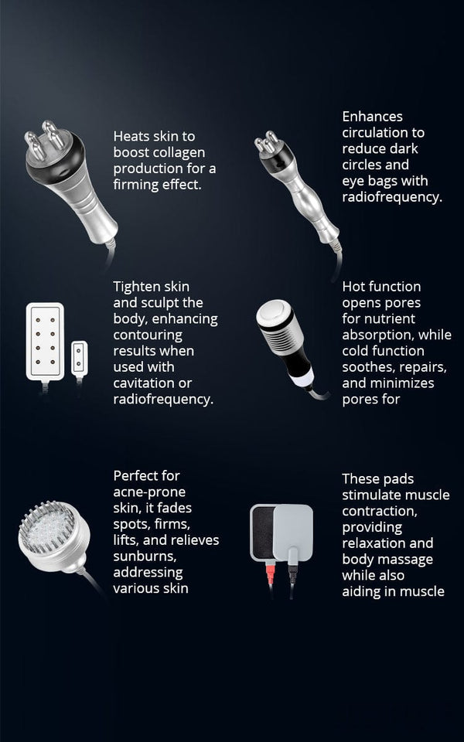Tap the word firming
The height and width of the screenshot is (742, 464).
click(x=134, y=185)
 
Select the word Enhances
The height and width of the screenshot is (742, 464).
click(x=373, y=117)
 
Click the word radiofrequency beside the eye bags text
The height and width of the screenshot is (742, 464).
click(x=393, y=197)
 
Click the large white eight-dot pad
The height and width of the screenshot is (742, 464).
click(x=45, y=342)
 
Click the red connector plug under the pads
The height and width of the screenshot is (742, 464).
click(x=271, y=574)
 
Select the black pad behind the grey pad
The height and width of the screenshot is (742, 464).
click(x=262, y=533)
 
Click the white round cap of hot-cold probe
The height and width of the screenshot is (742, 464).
click(x=274, y=311)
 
